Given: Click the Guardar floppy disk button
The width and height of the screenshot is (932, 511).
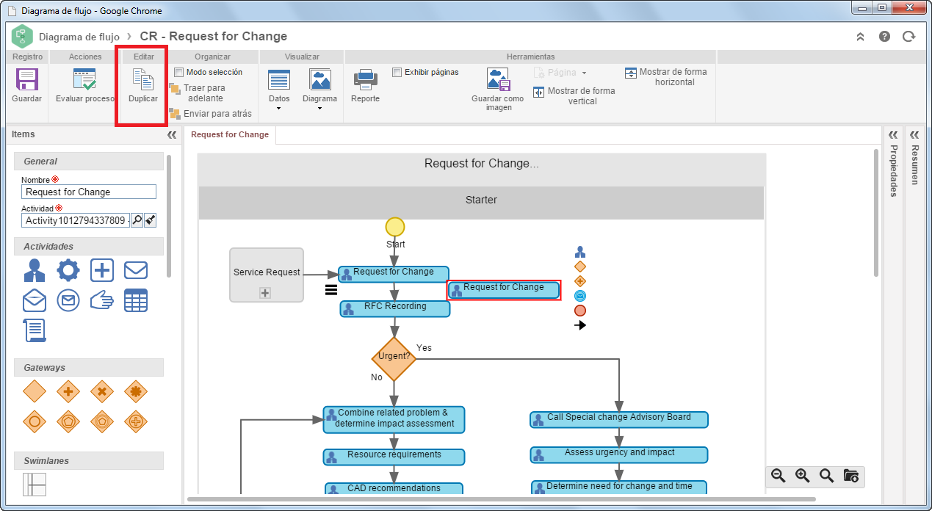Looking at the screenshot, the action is click(26, 79).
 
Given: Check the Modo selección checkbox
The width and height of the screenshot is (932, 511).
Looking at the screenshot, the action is click(179, 73).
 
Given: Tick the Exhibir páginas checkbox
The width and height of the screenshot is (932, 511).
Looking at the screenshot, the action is click(397, 73).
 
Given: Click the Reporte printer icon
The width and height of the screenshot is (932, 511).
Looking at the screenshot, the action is click(365, 79).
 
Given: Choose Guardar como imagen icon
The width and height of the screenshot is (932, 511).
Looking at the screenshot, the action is click(498, 79).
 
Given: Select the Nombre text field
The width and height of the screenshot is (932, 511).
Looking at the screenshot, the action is click(89, 192).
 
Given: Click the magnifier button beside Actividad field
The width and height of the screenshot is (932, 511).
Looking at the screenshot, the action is click(137, 220).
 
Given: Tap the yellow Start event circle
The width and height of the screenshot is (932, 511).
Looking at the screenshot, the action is click(395, 227).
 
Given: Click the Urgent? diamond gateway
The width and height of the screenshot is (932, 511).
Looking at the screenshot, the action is click(394, 358).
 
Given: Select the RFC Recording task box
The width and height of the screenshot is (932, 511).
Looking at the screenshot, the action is click(395, 308).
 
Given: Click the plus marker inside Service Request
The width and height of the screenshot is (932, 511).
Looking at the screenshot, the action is click(265, 293).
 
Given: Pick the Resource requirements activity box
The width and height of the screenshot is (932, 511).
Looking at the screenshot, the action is click(394, 457).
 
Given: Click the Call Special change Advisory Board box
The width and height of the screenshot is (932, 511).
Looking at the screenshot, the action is click(618, 419).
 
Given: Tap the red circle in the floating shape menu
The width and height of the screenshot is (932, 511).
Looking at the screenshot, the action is click(580, 311).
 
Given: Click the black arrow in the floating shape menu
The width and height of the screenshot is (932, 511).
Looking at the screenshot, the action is click(580, 325).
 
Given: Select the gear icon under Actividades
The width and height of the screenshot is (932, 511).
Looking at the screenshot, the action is click(68, 270).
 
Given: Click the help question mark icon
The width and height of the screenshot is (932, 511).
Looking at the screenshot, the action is click(884, 37).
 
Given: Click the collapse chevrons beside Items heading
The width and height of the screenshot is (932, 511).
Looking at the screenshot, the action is click(172, 134).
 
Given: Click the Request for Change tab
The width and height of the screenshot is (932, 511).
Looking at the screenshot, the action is click(230, 134).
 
